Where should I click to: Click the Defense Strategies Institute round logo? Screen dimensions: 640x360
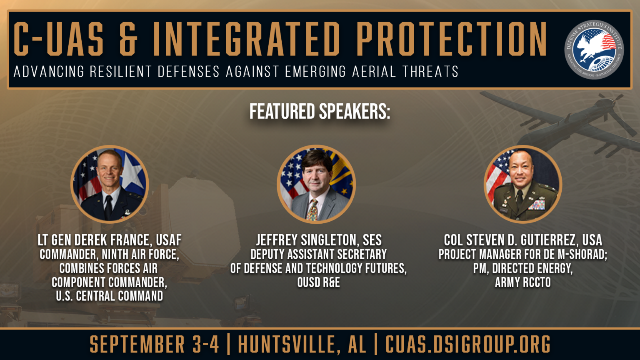(594, 50)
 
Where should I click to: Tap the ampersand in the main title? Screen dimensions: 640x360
(128, 39)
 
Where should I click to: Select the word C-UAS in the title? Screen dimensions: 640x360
(59, 39)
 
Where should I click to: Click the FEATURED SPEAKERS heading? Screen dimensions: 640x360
(320, 112)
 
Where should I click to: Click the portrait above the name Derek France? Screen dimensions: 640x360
(110, 184)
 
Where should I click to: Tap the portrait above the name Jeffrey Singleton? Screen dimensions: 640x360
(316, 184)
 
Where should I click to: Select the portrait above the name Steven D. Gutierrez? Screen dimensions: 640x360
(522, 184)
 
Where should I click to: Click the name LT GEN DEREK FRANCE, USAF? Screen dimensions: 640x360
(110, 240)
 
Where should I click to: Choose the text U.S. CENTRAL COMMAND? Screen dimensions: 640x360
(110, 296)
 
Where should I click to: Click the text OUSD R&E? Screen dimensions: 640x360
(318, 282)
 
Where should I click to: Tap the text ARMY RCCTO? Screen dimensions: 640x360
(522, 282)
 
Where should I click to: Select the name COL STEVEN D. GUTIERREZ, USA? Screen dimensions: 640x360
(522, 240)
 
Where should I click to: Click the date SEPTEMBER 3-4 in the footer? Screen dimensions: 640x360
(154, 345)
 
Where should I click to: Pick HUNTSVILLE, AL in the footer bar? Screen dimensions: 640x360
(302, 345)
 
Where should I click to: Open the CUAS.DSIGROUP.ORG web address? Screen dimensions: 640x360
(467, 345)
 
